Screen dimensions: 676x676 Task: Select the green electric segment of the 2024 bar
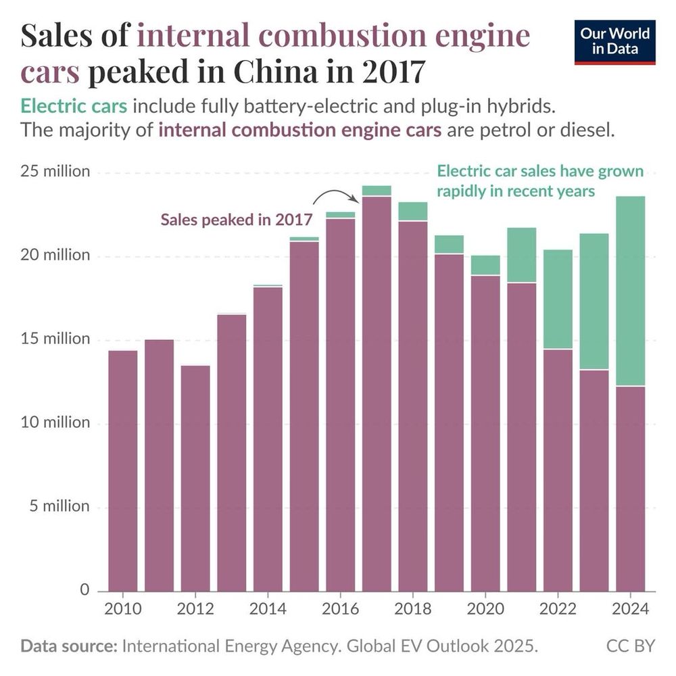click(x=631, y=291)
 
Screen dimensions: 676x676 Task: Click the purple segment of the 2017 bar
click(x=377, y=392)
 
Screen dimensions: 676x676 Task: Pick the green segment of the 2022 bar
click(x=558, y=299)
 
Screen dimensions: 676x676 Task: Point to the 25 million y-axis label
click(x=54, y=172)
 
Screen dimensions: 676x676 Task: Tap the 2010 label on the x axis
click(x=123, y=608)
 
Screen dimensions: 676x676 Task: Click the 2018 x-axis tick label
click(x=412, y=608)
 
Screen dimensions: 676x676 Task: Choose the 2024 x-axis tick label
click(x=630, y=608)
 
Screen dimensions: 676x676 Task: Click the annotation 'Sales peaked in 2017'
click(x=236, y=220)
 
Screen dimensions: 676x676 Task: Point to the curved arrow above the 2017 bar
click(x=336, y=195)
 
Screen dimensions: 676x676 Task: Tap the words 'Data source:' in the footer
click(x=68, y=646)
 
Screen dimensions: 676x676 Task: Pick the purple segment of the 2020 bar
click(x=485, y=433)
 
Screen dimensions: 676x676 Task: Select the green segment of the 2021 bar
click(x=522, y=255)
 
